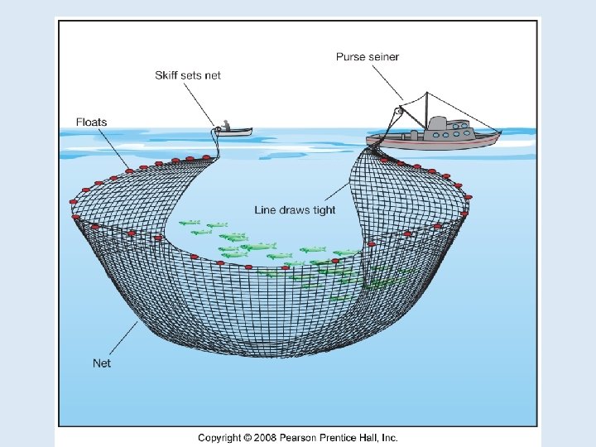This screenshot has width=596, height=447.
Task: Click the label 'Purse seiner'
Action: point(368,57)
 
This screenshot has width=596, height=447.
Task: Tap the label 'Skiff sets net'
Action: point(188,75)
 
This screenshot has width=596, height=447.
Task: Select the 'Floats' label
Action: point(92,122)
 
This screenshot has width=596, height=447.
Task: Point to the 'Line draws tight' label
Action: point(295,209)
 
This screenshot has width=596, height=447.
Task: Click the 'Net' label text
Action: point(102,363)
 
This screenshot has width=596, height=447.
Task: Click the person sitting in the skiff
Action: point(226,125)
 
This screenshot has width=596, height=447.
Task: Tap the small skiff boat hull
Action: point(233,132)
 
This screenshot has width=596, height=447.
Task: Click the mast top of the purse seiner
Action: point(426,93)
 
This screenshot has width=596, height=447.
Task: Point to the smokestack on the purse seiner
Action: point(437,123)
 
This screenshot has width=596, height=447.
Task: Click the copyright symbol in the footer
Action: point(248,438)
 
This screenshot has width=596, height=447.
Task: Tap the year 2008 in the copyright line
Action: point(266,438)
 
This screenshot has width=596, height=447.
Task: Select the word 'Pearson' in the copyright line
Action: point(298,438)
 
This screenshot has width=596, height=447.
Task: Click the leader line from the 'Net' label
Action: point(123,339)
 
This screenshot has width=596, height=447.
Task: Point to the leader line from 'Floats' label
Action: point(114,149)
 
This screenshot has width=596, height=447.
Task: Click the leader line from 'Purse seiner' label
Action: point(387,83)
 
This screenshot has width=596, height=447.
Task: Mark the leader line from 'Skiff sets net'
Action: point(199,104)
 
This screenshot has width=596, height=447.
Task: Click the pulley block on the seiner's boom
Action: point(398,112)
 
